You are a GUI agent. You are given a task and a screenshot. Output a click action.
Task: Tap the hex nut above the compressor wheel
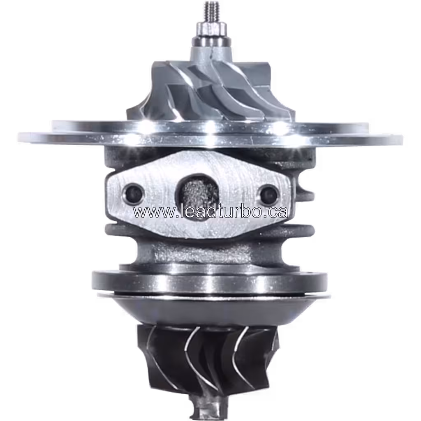[x=210, y=30]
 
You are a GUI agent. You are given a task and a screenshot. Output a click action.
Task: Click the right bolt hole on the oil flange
[x=269, y=192]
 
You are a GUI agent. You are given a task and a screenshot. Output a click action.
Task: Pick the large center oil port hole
[x=196, y=193]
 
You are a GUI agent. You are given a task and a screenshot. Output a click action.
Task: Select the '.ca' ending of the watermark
[x=275, y=212]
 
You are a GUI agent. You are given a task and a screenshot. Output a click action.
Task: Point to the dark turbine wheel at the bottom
[x=208, y=358]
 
